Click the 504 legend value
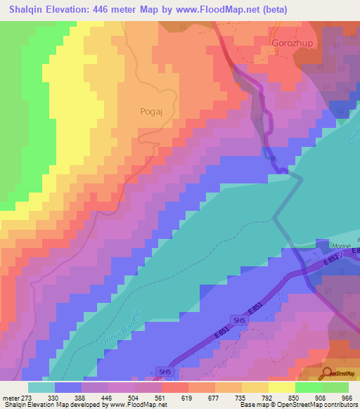pyautogui.click(x=140, y=397)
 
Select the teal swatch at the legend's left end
pyautogui.click(x=41, y=387)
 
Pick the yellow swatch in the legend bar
pyautogui.click(x=281, y=387)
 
